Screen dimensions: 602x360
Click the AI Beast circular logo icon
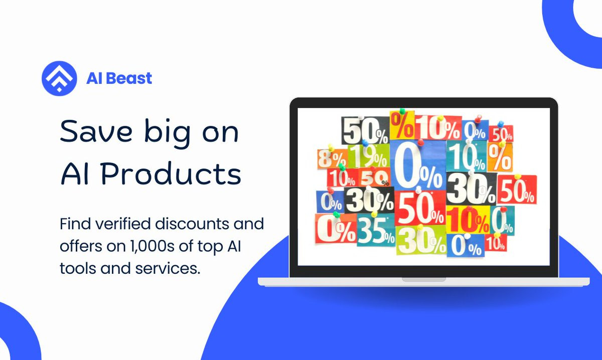click(x=59, y=78)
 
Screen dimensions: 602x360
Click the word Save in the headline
click(x=96, y=132)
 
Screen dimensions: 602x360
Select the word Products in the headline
click(x=171, y=174)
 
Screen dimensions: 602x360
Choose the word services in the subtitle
click(x=168, y=268)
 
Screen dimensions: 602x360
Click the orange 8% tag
click(x=332, y=158)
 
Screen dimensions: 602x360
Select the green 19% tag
click(x=369, y=156)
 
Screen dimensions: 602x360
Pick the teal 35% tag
click(x=376, y=230)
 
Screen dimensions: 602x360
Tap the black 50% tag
click(x=365, y=130)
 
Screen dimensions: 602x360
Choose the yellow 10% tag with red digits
click(x=468, y=220)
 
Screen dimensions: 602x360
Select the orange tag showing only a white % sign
click(x=500, y=157)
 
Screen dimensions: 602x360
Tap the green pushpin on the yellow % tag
click(x=402, y=111)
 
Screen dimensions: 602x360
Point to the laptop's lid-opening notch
click(x=423, y=280)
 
